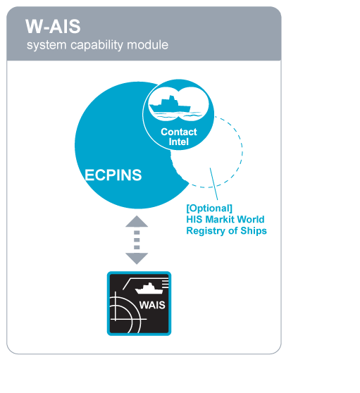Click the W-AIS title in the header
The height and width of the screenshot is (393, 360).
(53, 26)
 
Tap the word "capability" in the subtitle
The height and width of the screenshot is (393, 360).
(97, 45)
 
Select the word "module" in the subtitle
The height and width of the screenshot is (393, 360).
(148, 45)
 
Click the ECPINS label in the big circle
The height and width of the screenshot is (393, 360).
(113, 175)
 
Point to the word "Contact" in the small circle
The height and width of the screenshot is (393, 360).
(179, 132)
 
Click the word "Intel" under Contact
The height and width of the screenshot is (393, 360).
(178, 142)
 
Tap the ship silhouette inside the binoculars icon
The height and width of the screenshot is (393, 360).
(170, 105)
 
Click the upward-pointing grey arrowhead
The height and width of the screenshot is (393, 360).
(137, 221)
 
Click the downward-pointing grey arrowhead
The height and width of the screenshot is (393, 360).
(137, 258)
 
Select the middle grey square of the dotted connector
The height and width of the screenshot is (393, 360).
(137, 240)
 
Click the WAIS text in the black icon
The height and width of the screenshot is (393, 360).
(152, 305)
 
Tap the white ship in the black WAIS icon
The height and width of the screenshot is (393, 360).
(149, 289)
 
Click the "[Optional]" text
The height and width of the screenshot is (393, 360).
(209, 208)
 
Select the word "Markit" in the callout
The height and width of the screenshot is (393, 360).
(220, 219)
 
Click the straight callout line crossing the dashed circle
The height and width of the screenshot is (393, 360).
(214, 184)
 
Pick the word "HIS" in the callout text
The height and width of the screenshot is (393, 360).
(194, 219)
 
